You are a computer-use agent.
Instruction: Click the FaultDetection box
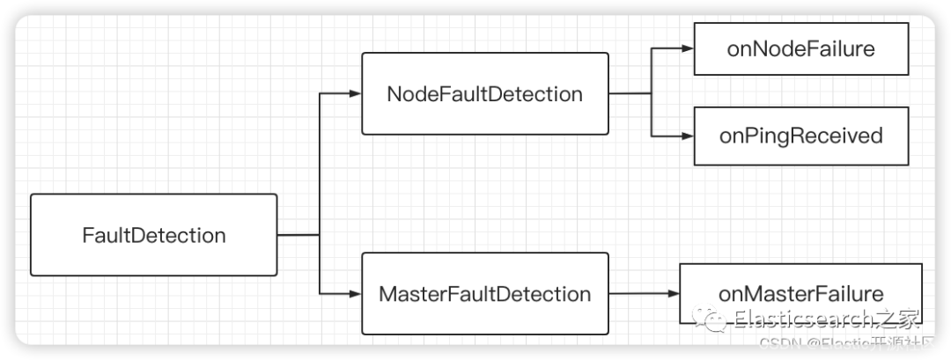pos(154,235)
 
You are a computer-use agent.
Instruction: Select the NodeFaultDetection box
pos(484,93)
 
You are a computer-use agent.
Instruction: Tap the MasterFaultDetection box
pos(484,293)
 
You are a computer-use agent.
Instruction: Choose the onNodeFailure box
pos(800,48)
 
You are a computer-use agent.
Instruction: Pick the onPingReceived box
pos(800,136)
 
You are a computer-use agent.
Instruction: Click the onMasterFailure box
pos(800,293)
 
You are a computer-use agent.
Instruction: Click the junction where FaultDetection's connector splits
pos(319,235)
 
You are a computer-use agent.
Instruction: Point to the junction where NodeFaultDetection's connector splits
pos(652,93)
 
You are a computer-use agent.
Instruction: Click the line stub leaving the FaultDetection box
pos(298,235)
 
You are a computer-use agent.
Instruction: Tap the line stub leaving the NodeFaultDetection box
pos(630,93)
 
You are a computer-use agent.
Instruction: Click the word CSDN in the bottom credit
pos(778,342)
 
